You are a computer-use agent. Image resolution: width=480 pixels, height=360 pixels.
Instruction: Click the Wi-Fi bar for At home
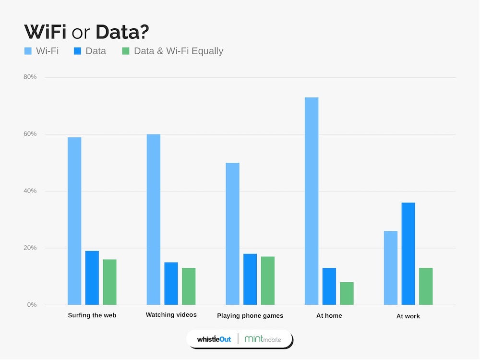pos(312,201)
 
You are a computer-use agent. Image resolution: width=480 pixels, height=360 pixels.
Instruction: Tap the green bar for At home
pos(347,293)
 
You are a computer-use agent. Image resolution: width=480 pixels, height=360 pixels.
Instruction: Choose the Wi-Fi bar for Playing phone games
pos(232,234)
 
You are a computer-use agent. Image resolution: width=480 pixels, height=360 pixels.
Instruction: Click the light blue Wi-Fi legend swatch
pos(28,51)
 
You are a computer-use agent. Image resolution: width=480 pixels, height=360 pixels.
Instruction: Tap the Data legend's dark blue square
pos(77,51)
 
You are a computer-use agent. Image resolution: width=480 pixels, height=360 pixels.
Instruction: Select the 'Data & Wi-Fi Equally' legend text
pos(179,51)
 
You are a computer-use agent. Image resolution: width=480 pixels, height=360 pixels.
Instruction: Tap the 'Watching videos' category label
pos(171,315)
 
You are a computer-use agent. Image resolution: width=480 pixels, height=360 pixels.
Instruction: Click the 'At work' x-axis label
pos(408,316)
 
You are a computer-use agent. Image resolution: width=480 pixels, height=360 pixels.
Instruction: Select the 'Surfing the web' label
pos(92,315)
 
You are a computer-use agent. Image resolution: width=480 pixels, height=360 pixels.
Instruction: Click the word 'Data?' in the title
pos(122,32)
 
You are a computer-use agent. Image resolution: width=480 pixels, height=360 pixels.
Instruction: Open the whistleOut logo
pos(214,339)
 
